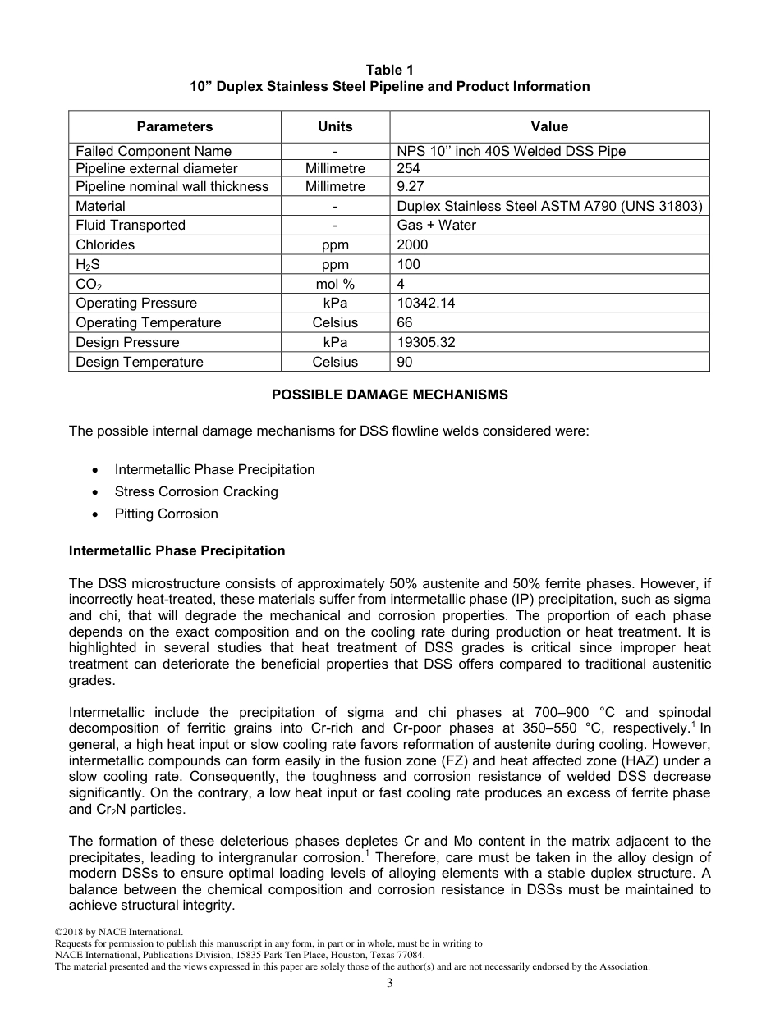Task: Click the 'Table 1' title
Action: pos(389,70)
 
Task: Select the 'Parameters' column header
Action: pos(174,126)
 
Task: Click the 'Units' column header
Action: pos(335,126)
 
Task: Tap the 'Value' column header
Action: pos(549,126)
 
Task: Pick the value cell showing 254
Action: pos(408,168)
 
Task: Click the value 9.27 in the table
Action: pos(410,186)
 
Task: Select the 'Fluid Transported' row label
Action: pos(131,225)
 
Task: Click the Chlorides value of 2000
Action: pos(412,244)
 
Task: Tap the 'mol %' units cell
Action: pos(335,284)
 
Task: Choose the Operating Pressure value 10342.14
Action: pos(425,303)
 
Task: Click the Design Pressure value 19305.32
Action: pos(425,342)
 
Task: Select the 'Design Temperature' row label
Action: pos(140,362)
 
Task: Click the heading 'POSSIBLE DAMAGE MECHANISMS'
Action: pos(389,395)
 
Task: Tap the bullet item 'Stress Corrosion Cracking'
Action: pos(196,491)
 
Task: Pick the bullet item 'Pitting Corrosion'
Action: pos(166,514)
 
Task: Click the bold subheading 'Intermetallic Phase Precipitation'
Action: pos(177,550)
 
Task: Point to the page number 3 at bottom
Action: pos(389,984)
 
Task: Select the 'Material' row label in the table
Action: pos(100,206)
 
